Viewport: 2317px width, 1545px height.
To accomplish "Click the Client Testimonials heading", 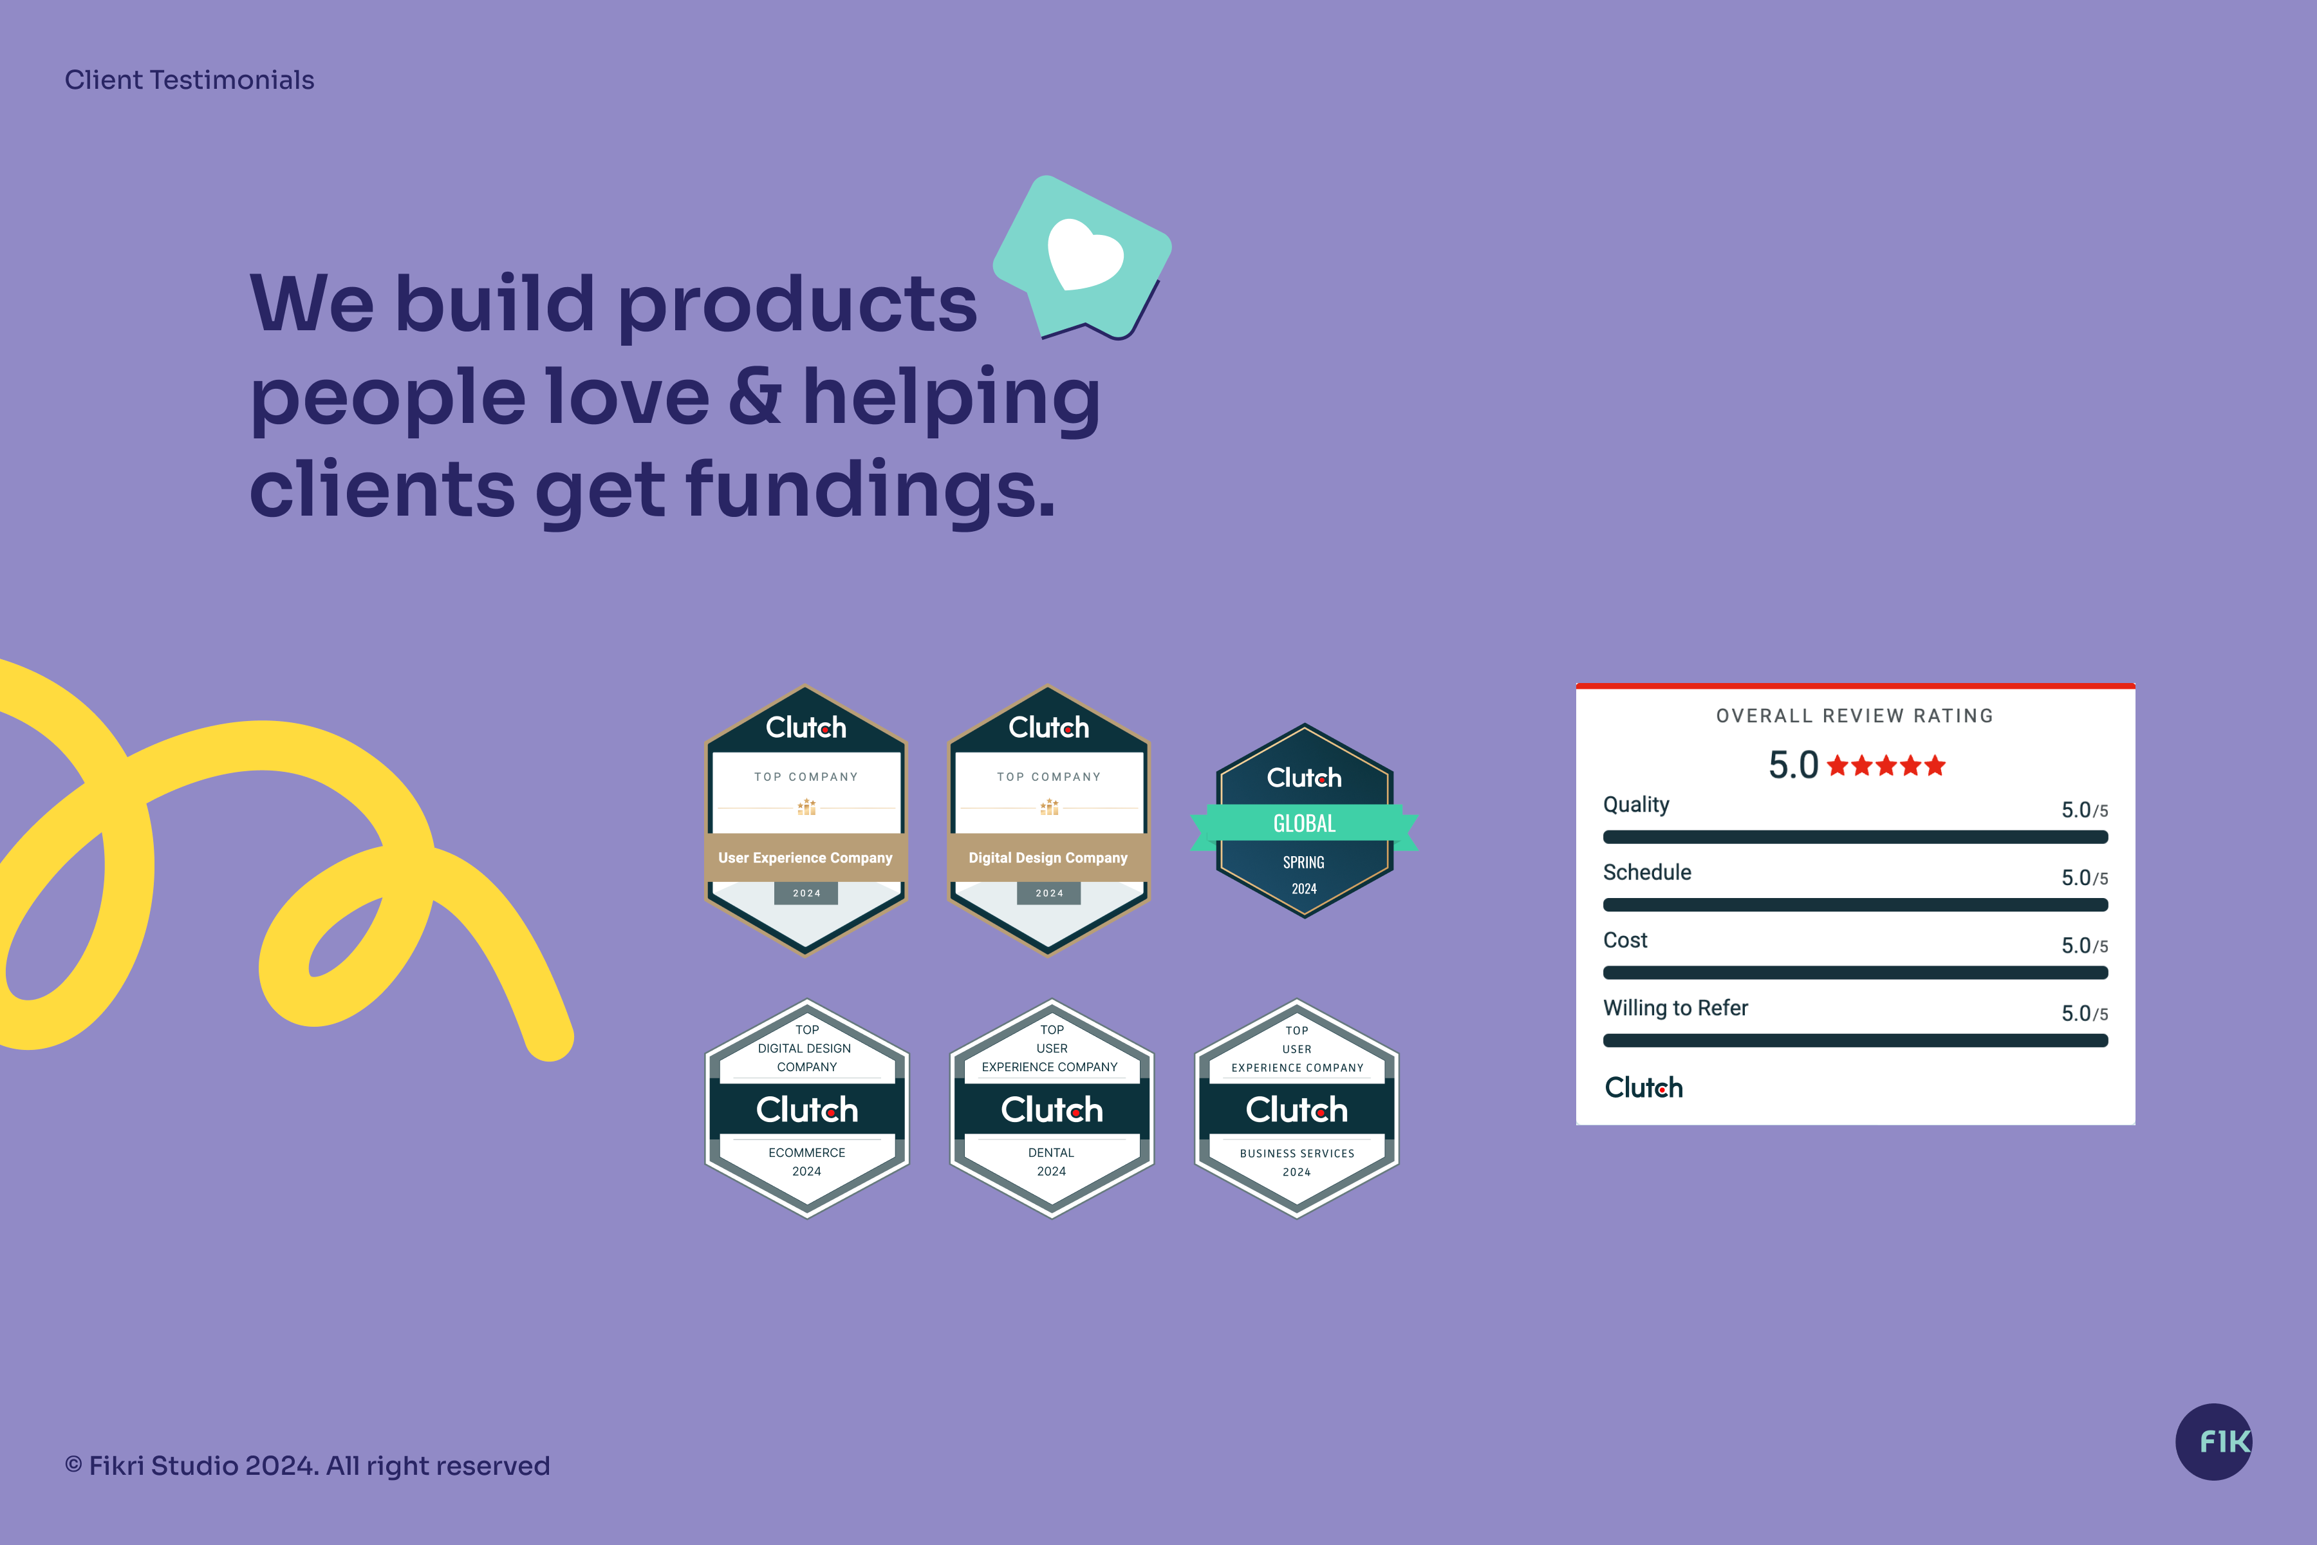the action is tap(189, 80).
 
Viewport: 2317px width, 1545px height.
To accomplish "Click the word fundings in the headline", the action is tap(870, 490).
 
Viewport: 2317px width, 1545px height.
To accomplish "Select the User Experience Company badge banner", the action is tap(806, 857).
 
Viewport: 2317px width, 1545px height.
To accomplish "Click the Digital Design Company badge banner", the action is tap(1048, 857).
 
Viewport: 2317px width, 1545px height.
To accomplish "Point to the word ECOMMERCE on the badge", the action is tap(807, 1152).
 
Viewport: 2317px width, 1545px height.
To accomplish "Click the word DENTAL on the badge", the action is tap(1051, 1152).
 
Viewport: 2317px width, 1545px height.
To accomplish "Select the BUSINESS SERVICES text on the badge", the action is tap(1296, 1153).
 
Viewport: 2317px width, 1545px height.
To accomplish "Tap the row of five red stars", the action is tap(1886, 765).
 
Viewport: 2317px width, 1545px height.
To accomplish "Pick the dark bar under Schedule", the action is tap(1855, 904).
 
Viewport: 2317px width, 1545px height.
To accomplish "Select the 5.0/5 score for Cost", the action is tap(2085, 946).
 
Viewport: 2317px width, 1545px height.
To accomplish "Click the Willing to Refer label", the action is tap(1676, 1008).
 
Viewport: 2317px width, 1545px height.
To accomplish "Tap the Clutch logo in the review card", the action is tap(1643, 1088).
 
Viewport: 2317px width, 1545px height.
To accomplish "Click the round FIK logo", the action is tap(2213, 1441).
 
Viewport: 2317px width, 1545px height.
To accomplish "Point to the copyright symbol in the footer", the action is tap(73, 1465).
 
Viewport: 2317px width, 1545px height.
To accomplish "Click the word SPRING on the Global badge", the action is tap(1303, 862).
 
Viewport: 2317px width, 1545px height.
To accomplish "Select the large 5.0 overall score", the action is tap(1793, 765).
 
